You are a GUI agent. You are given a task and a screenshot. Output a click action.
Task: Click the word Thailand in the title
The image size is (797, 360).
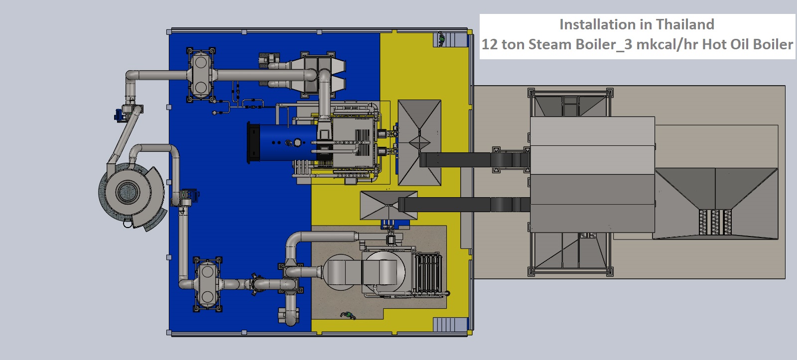click(685, 24)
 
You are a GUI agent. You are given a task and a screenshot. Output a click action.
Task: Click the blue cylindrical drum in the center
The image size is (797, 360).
click(284, 142)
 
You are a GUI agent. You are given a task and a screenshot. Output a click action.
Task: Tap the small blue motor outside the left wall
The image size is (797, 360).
click(119, 115)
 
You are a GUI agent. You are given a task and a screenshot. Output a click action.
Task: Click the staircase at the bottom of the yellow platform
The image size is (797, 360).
click(451, 325)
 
